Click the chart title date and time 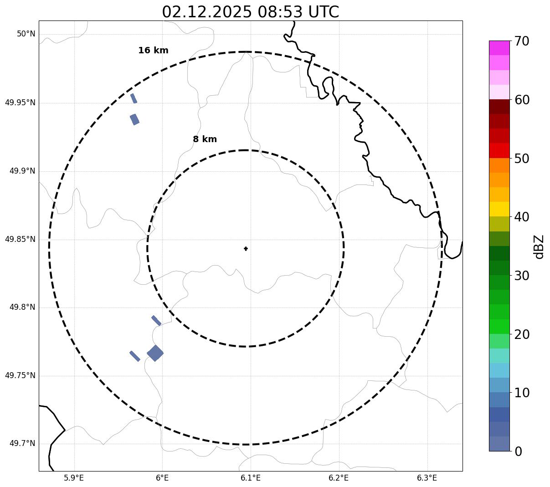[x=250, y=12]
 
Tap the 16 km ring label [x=153, y=51]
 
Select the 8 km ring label [x=205, y=139]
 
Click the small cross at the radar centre [x=246, y=249]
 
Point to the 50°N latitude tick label [x=26, y=34]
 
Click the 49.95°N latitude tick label [x=20, y=103]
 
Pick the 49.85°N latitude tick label [x=20, y=239]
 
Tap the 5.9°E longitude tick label [x=74, y=478]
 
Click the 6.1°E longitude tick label [x=251, y=478]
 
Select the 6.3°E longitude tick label [x=427, y=478]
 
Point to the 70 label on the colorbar [x=522, y=41]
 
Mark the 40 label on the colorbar [x=522, y=217]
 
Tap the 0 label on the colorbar [x=519, y=451]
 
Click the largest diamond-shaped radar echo [x=155, y=353]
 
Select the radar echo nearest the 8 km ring [x=156, y=320]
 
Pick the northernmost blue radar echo [x=134, y=98]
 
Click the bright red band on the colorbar [x=499, y=150]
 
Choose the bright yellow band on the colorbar [x=499, y=209]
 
